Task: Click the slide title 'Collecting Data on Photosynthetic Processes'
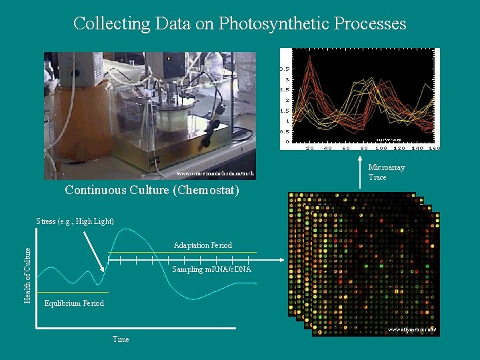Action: coord(239,24)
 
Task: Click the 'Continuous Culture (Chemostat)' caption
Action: coord(151,191)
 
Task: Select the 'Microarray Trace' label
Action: coord(387,173)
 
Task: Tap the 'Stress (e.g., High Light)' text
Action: coord(75,221)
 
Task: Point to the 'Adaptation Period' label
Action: coord(203,245)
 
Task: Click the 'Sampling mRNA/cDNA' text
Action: coord(212,270)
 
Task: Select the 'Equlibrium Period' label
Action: coord(74,303)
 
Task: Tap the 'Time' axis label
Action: coord(121,339)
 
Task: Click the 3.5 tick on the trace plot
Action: coord(283,69)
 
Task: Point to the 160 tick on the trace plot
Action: coord(434,148)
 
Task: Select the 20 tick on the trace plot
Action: coord(310,148)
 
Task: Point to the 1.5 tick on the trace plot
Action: coord(283,111)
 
